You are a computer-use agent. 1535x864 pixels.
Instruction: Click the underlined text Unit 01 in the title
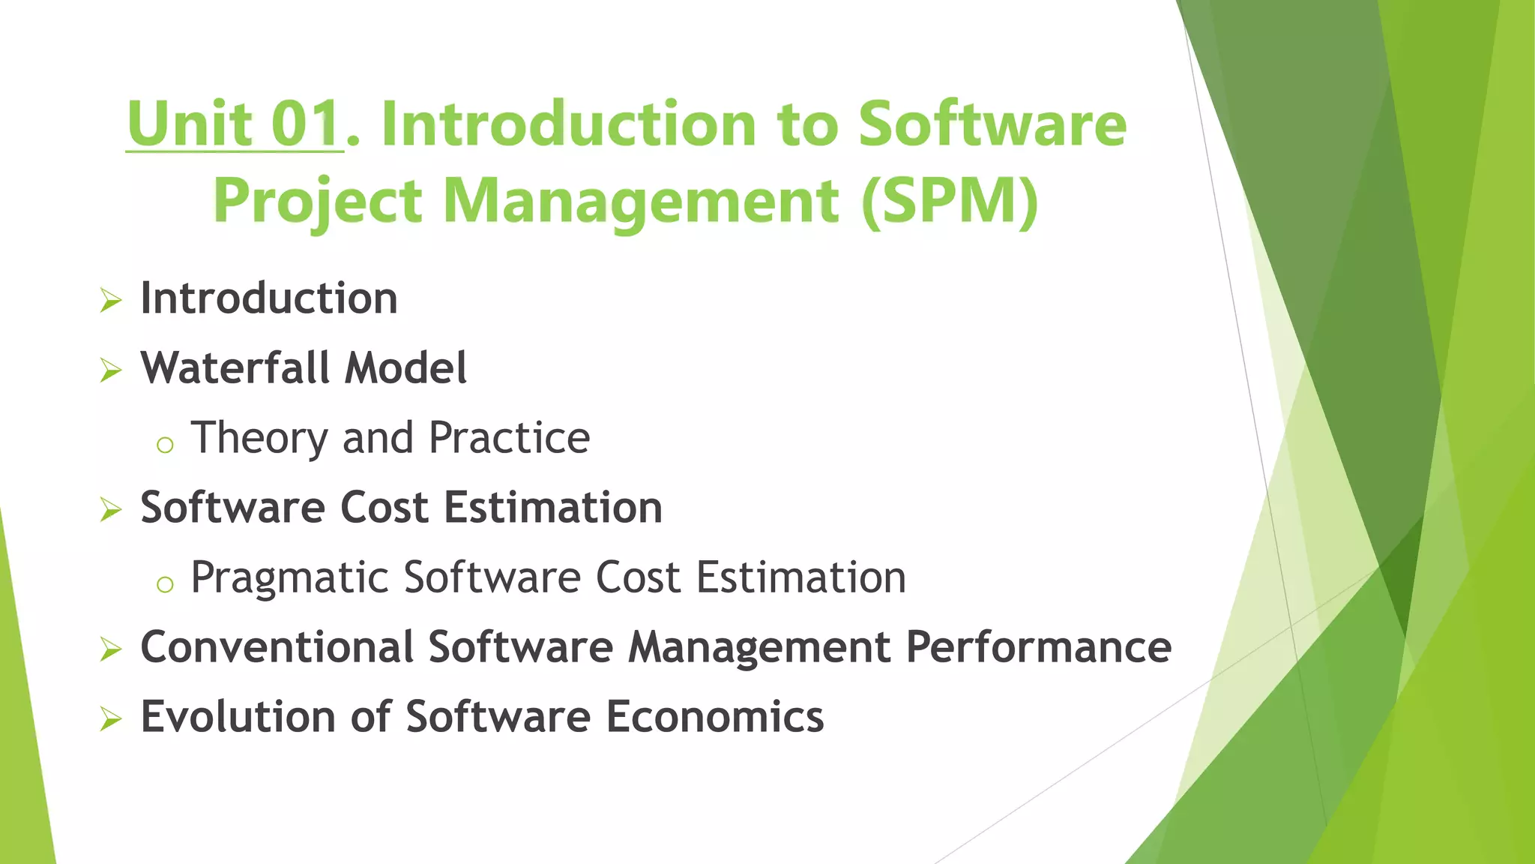pyautogui.click(x=234, y=124)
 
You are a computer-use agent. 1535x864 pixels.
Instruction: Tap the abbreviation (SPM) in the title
pyautogui.click(x=950, y=201)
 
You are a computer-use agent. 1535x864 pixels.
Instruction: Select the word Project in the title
pyautogui.click(x=318, y=201)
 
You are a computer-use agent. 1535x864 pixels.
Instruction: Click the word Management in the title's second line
pyautogui.click(x=641, y=201)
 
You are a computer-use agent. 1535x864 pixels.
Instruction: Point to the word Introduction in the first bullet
pyautogui.click(x=268, y=298)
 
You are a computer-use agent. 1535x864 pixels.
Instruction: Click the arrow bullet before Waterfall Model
pyautogui.click(x=111, y=370)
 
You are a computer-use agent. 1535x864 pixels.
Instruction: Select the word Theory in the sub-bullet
pyautogui.click(x=259, y=438)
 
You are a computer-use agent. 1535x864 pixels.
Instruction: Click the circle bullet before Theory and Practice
pyautogui.click(x=165, y=445)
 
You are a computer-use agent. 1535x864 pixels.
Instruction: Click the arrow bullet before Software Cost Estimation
pyautogui.click(x=111, y=510)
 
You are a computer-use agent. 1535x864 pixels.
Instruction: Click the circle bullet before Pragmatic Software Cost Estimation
pyautogui.click(x=165, y=584)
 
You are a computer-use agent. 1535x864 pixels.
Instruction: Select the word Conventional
pyautogui.click(x=277, y=646)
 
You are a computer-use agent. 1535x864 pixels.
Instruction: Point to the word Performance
pyautogui.click(x=1038, y=646)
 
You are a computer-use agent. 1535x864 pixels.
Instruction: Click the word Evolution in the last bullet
pyautogui.click(x=238, y=716)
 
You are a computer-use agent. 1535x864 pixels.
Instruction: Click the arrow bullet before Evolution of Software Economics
pyautogui.click(x=111, y=719)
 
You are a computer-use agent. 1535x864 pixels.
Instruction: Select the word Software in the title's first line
pyautogui.click(x=992, y=124)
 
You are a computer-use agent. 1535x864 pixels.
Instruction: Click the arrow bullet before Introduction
pyautogui.click(x=111, y=301)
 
